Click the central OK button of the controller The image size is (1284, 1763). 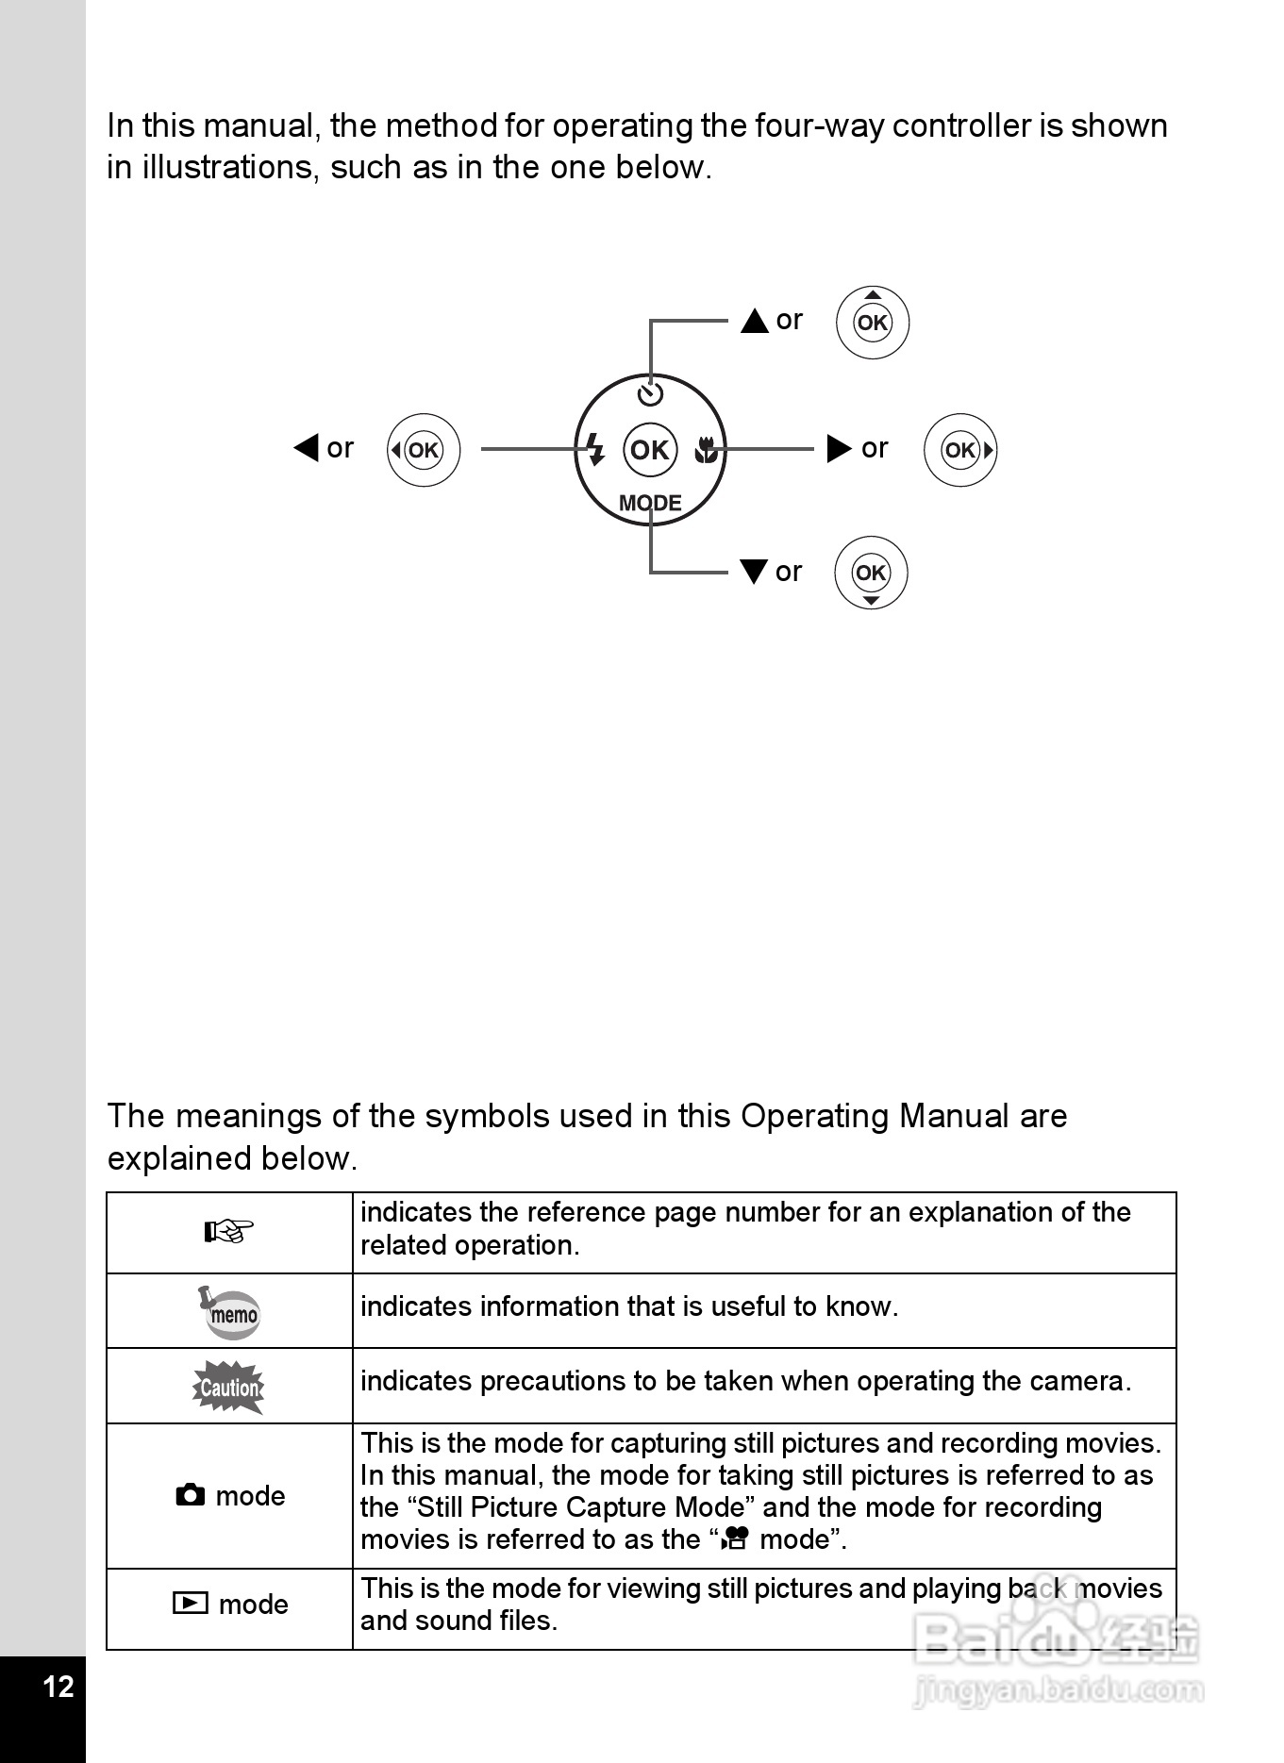[650, 450]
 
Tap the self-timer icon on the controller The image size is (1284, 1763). [651, 393]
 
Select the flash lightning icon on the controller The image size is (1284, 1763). [595, 449]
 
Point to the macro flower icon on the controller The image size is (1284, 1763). [705, 450]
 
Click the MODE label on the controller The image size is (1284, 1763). [650, 503]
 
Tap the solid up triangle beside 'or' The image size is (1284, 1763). [755, 321]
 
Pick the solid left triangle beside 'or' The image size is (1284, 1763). [307, 447]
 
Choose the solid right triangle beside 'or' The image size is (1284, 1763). [839, 448]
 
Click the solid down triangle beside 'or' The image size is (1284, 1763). [754, 572]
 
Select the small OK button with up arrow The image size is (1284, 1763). [873, 323]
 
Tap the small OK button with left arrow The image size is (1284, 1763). [424, 450]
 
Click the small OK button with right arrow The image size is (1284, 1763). [960, 450]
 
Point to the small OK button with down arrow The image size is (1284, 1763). [871, 573]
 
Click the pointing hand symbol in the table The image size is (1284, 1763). [229, 1231]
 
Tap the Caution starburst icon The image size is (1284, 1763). [228, 1387]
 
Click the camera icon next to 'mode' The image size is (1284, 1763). [191, 1495]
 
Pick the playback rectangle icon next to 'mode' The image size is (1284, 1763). [191, 1603]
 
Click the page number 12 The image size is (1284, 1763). [58, 1686]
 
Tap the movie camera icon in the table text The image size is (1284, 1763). [735, 1539]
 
